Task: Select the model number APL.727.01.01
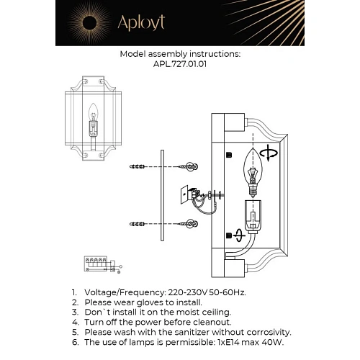pyautogui.click(x=180, y=63)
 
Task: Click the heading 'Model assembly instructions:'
pyautogui.click(x=180, y=54)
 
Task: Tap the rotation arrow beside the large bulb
pyautogui.click(x=271, y=153)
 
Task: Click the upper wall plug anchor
pyautogui.click(x=140, y=167)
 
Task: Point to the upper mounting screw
pyautogui.click(x=190, y=166)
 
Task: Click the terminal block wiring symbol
pyautogui.click(x=96, y=264)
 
